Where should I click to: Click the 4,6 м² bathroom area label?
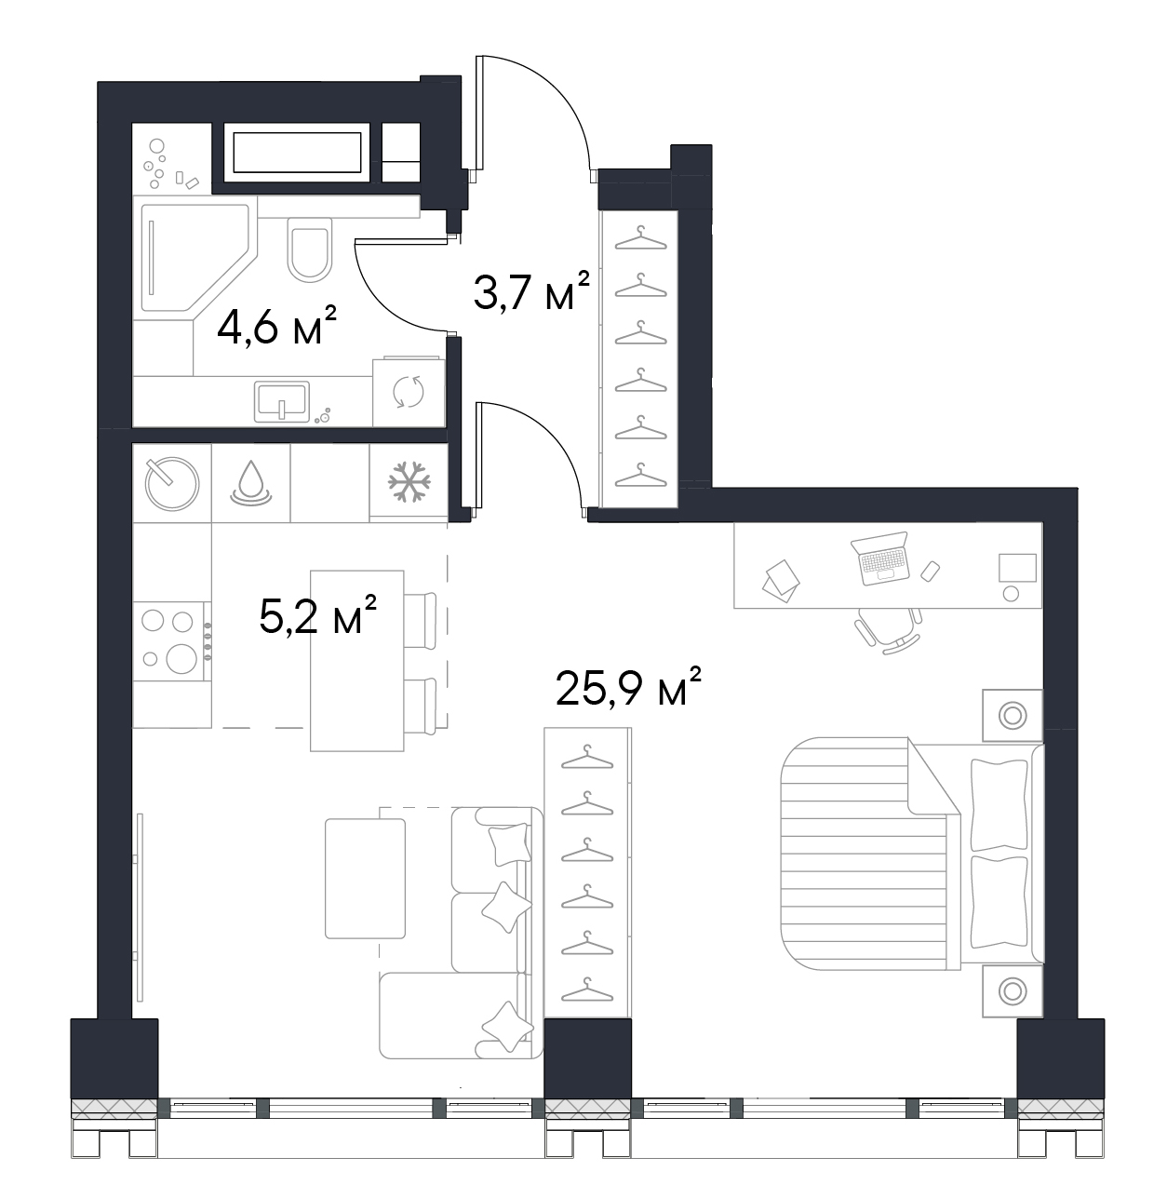277,327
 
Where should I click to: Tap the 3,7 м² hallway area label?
531,289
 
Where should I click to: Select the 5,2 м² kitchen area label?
317,614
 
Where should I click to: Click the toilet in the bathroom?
309,249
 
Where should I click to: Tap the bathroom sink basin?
282,401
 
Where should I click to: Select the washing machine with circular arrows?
409,392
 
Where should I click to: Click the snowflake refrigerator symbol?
409,481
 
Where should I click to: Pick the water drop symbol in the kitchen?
250,482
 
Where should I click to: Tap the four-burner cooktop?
172,640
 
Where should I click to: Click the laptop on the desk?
880,558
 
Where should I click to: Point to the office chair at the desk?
888,630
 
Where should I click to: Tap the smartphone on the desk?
930,571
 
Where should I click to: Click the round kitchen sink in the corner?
172,483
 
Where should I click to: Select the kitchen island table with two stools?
357,661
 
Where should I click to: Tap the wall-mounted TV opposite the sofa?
141,907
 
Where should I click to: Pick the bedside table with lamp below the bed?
1013,991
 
